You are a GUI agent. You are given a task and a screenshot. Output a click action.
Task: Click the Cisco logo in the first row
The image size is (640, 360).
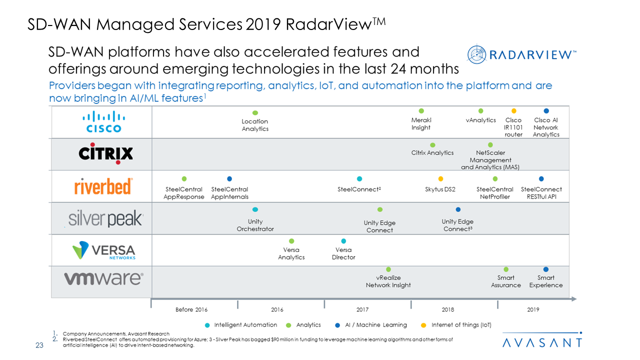pos(103,122)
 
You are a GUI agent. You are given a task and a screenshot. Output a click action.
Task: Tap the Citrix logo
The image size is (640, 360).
pos(106,153)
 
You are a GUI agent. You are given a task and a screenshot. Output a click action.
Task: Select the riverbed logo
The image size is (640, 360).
pos(103,186)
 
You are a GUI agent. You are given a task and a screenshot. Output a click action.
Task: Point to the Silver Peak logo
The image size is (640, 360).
pos(105,218)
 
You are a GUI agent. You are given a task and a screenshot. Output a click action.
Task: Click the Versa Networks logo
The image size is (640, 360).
pos(103,250)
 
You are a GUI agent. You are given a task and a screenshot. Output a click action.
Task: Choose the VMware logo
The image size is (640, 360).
pos(103,278)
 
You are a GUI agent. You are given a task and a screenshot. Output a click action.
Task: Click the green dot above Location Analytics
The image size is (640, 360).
pos(255,113)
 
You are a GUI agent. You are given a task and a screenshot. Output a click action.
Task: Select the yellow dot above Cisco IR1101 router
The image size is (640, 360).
pos(513,111)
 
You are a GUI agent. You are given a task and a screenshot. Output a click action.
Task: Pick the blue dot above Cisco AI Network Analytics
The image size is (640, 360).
pos(546,111)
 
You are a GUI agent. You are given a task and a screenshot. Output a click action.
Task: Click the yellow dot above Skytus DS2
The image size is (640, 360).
pos(440,179)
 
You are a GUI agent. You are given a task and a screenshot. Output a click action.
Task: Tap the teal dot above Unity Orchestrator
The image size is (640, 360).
pos(255,209)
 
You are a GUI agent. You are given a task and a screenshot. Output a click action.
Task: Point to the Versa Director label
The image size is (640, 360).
pos(343,253)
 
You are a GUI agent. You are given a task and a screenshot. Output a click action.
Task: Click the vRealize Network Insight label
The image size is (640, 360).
pos(388,281)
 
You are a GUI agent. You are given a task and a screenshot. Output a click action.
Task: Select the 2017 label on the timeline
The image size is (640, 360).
pos(362,309)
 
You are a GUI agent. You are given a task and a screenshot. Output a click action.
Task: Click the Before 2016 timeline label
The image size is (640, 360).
pos(191,309)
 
